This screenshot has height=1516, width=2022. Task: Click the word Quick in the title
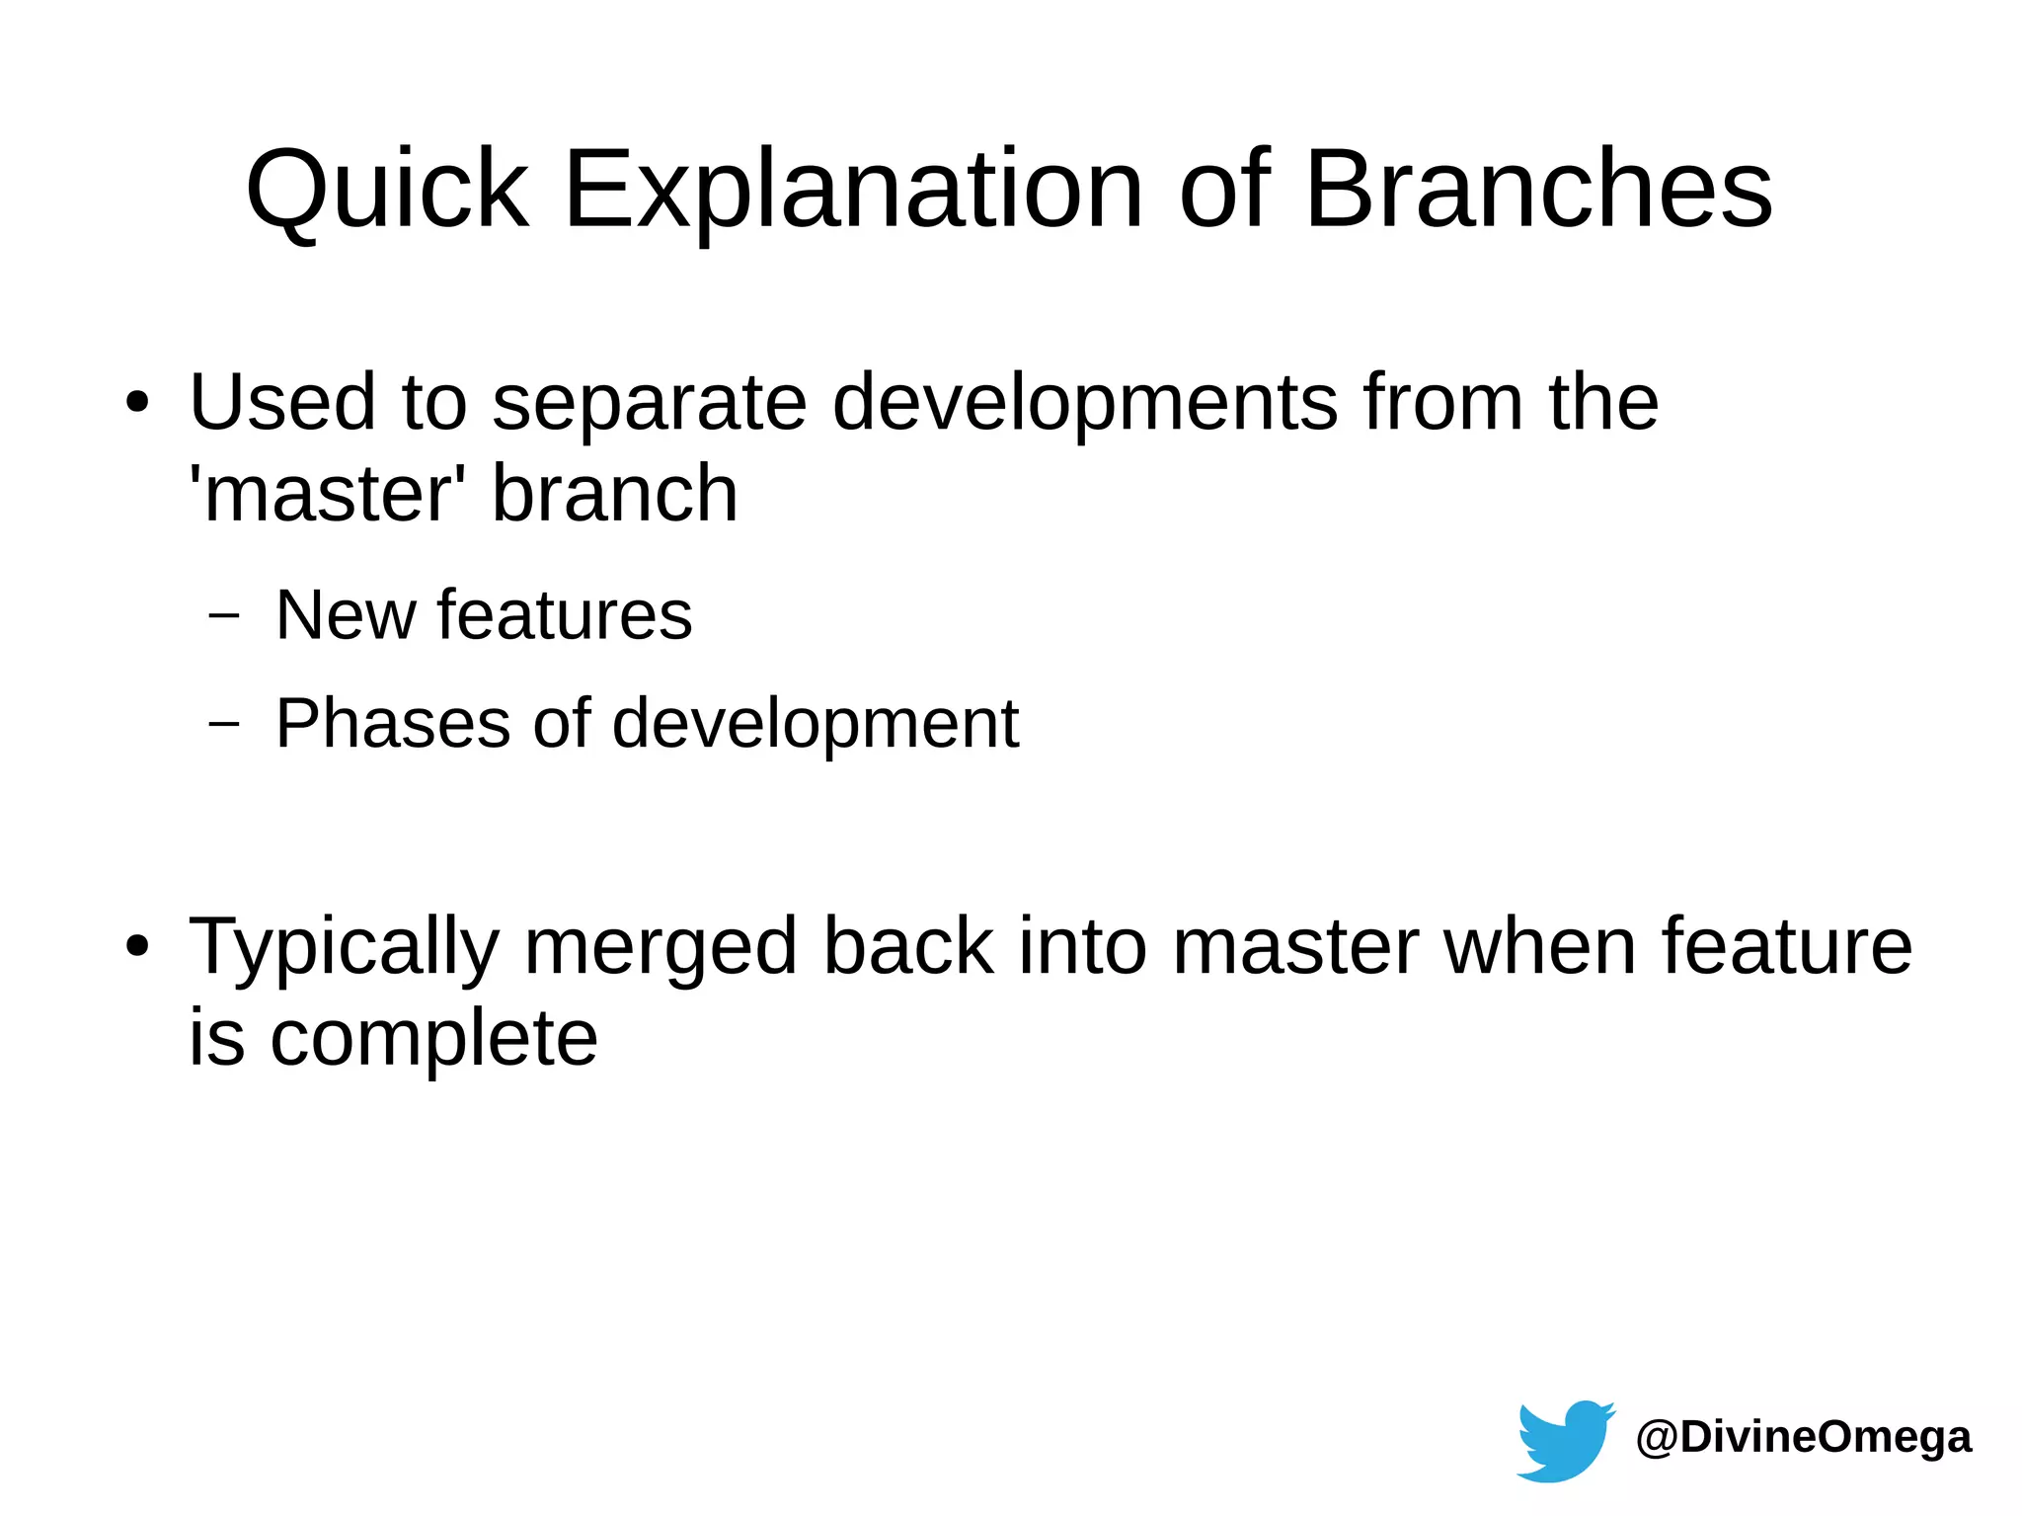387,190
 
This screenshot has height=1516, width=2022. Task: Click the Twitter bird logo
1564,1440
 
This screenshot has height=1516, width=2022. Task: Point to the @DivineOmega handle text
1804,1436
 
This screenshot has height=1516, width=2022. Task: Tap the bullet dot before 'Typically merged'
137,946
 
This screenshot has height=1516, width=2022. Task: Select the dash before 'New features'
225,614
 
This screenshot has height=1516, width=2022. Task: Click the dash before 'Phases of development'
225,723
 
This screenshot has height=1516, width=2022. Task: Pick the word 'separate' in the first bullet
650,403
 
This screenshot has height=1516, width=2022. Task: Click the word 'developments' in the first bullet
1085,403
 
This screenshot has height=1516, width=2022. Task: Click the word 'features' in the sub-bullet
565,614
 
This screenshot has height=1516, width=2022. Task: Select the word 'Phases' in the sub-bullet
393,723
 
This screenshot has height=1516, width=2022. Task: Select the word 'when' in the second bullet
1540,946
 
